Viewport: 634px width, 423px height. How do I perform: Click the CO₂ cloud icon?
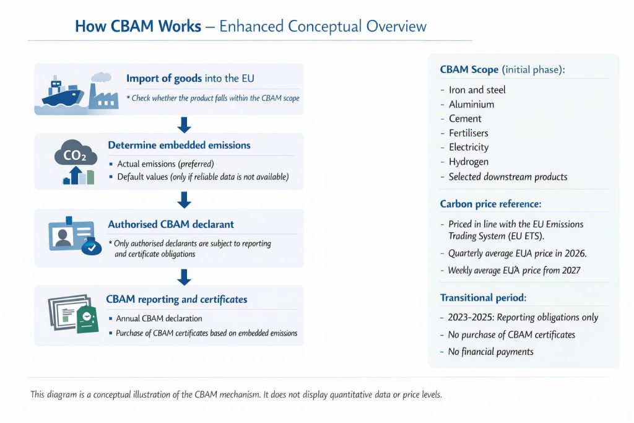pos(76,153)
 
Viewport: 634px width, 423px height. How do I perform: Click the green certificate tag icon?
pos(87,319)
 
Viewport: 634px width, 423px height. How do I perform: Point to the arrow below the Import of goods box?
pos(184,125)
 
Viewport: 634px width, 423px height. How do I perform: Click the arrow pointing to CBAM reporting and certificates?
pos(184,277)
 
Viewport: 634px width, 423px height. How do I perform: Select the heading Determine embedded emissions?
pos(179,145)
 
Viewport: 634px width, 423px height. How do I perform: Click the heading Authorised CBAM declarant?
pos(171,224)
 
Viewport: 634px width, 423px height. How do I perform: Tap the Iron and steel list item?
pos(477,90)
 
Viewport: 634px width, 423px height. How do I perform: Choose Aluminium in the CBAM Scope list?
pos(471,104)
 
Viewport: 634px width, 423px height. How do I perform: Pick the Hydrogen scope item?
pos(469,162)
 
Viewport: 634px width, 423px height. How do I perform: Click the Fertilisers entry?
pos(469,133)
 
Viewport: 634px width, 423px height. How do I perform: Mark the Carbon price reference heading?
pos(490,204)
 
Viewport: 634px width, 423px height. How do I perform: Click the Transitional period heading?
pos(483,298)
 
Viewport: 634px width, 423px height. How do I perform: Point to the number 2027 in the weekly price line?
pos(571,271)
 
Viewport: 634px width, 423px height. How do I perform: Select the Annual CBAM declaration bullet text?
pos(159,319)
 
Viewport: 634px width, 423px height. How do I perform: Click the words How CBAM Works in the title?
pos(138,26)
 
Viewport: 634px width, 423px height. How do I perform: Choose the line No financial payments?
pos(490,352)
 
